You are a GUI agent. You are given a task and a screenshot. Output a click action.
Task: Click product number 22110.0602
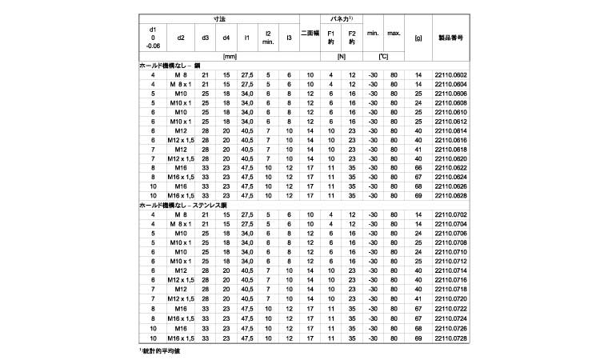coord(450,75)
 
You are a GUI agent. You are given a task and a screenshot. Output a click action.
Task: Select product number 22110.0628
coord(450,195)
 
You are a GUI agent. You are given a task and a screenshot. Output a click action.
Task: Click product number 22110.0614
coord(450,130)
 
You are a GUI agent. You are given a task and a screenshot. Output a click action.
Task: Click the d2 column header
coord(181,37)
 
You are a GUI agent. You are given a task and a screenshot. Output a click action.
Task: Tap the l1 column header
coord(247,37)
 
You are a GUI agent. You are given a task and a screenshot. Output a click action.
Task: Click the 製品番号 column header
coord(450,37)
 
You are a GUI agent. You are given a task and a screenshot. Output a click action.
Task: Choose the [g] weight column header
coord(418,37)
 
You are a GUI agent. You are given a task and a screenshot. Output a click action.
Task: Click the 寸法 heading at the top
coord(219,18)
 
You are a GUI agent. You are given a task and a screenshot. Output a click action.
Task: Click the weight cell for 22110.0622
coord(418,167)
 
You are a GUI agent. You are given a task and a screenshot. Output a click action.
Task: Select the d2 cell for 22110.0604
coord(181,85)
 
